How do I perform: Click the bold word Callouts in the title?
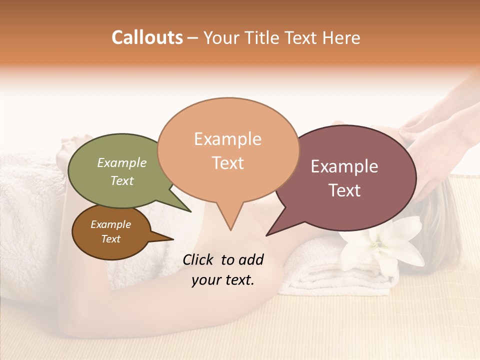pos(147,37)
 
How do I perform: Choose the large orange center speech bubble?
pos(228,125)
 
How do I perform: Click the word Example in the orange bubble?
pos(227,139)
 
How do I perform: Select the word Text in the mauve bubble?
pos(344,190)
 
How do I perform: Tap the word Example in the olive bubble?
pos(121,162)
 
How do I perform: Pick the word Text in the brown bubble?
pos(110,239)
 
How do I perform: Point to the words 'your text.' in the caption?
pos(223,280)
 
